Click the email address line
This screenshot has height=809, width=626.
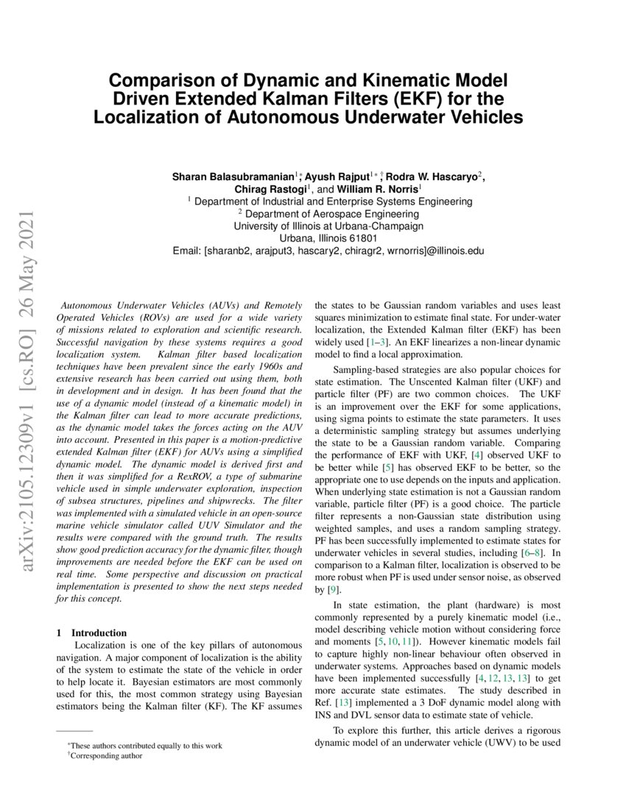pyautogui.click(x=328, y=251)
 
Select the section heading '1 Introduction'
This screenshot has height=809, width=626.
pyautogui.click(x=91, y=632)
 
